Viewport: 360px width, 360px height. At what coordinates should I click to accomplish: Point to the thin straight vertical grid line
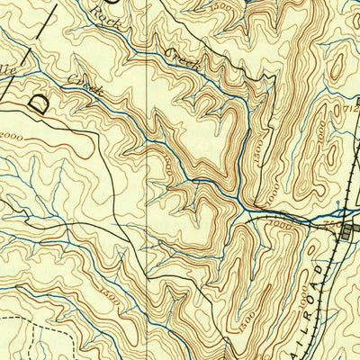point(148,180)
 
